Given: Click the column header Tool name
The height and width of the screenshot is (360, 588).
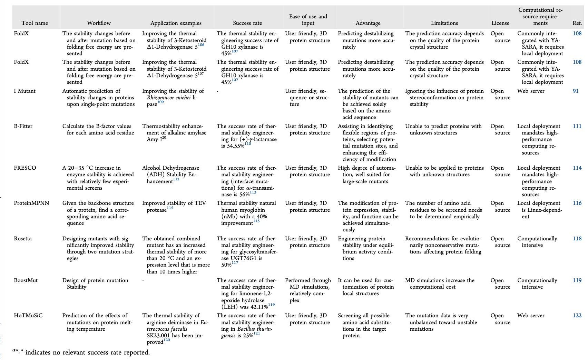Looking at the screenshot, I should point(35,23).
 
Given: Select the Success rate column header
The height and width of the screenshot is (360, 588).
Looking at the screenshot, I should point(247,23).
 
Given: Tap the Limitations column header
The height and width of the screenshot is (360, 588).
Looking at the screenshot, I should point(444,23).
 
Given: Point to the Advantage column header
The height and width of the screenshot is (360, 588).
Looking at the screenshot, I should point(368,23).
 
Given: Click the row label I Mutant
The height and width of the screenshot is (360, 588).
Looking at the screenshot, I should point(24,91).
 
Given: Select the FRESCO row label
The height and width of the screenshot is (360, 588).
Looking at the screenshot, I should point(25,168).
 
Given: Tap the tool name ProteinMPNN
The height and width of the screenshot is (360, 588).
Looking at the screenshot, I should point(31,203).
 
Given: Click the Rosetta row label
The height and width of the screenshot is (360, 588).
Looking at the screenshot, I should point(23,239).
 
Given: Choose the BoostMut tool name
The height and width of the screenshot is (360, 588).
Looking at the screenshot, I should point(26,280).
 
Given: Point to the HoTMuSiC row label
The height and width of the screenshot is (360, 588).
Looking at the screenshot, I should point(28,316).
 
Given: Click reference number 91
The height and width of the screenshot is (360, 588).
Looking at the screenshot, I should point(576,91).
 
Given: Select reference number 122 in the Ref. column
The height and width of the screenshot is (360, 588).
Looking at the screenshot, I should point(577,316).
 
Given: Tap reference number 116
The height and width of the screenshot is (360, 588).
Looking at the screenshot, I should point(577,203).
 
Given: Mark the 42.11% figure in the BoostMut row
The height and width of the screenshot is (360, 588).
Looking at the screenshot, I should point(258,307).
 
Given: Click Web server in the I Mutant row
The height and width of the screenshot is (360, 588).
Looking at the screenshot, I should point(531,91).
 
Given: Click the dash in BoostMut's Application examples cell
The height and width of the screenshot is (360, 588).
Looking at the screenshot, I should point(143,280).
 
